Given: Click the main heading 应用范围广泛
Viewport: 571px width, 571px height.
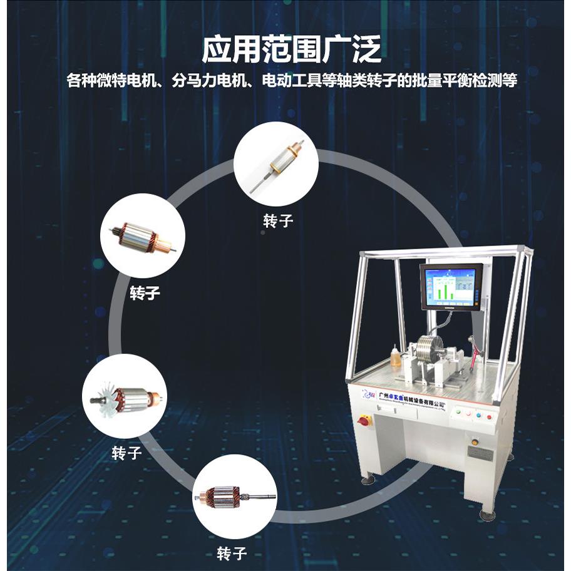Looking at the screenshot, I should click(x=291, y=50).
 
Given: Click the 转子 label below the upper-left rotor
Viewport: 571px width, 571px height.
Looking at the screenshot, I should click(x=145, y=293).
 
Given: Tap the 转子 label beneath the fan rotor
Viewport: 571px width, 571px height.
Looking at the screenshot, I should click(x=126, y=452).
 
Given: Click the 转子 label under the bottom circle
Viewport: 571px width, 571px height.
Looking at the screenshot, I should click(x=232, y=553).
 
